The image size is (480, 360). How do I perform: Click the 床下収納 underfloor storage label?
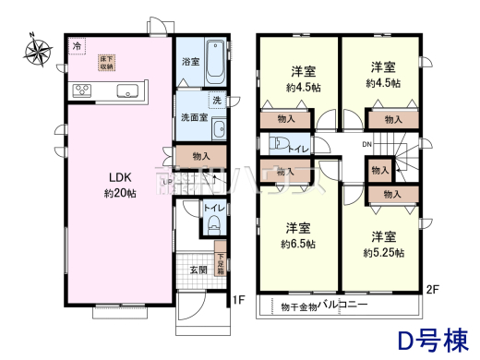tap(107, 63)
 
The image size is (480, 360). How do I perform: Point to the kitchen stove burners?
tap(81, 90)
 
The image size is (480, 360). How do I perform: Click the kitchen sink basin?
tap(127, 90)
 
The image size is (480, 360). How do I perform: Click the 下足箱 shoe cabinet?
tap(221, 263)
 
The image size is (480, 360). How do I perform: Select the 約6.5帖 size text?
tap(299, 245)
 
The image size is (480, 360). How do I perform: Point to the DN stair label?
tap(366, 145)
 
